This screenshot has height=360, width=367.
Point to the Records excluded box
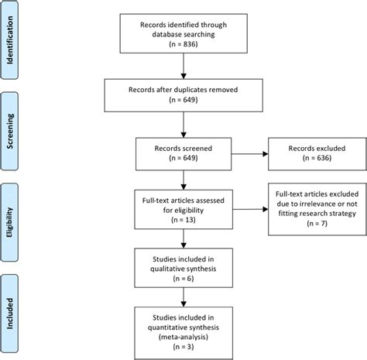click(317, 156)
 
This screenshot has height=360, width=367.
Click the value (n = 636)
click(317, 162)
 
